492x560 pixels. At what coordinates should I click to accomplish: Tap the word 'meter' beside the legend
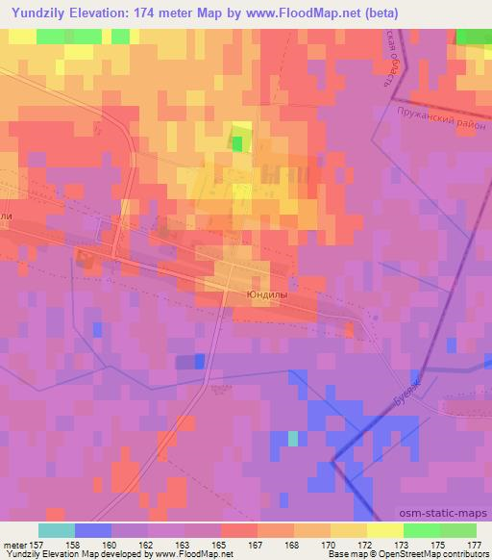point(13,544)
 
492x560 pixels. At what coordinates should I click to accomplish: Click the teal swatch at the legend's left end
point(57,530)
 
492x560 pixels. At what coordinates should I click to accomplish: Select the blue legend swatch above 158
point(93,530)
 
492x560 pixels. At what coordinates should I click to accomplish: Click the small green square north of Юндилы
point(237,143)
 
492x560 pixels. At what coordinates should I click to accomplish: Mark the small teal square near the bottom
point(293,439)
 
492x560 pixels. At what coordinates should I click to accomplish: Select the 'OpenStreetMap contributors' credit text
point(433,554)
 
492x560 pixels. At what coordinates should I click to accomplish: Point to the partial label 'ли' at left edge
point(6,218)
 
